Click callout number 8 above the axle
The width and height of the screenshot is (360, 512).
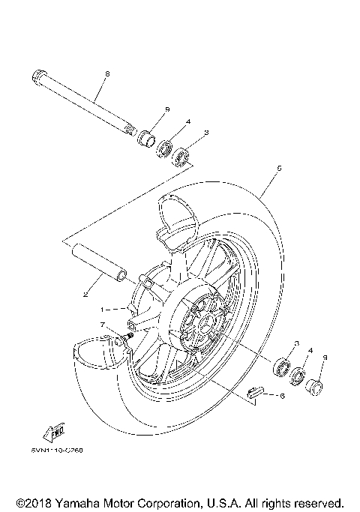tap(107, 73)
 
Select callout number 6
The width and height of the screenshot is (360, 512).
tap(281, 395)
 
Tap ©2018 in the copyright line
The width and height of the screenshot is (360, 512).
tap(34, 502)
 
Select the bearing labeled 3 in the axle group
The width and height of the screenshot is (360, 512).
tap(181, 158)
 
